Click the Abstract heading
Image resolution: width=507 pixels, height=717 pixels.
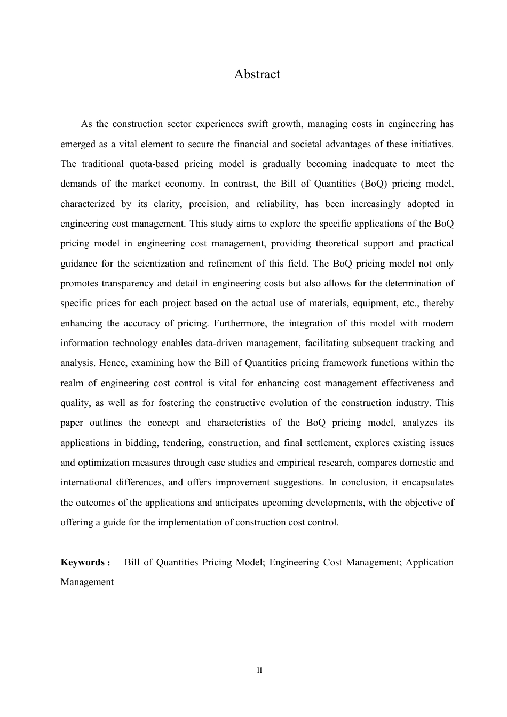pos(257,74)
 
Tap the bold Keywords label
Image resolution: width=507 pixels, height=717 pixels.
pos(83,562)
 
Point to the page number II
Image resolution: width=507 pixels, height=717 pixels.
pos(259,670)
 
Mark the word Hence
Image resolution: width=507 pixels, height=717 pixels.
pos(112,363)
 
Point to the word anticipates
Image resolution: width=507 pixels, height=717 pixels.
pos(238,503)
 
